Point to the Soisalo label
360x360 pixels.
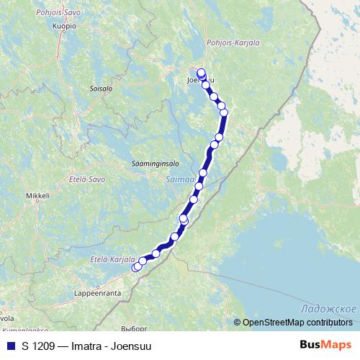click(x=101, y=89)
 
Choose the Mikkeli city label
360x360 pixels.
click(x=37, y=195)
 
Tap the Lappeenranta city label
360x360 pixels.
click(x=98, y=294)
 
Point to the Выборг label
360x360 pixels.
click(x=133, y=328)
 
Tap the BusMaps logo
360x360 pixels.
click(x=328, y=345)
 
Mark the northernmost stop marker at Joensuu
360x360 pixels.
click(x=201, y=73)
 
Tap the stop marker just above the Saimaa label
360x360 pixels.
click(x=203, y=173)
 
